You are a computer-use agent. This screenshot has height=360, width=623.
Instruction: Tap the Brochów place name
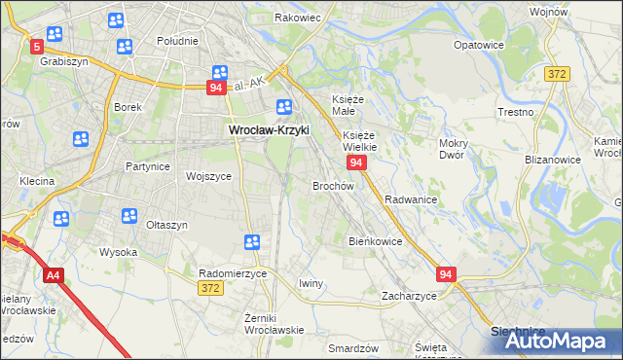coord(332,185)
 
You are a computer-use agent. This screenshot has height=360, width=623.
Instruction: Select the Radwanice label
coord(410,198)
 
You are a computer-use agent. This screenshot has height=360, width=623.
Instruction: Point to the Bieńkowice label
coord(375,240)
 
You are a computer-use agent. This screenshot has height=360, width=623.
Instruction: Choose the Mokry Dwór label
coord(455,149)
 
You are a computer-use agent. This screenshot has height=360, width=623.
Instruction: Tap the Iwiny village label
coord(311,283)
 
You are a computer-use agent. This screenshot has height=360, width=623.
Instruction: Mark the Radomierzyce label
coord(232,273)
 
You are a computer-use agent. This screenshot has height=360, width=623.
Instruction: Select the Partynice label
coord(148,166)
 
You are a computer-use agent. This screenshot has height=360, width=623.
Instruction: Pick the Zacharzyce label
coord(409,295)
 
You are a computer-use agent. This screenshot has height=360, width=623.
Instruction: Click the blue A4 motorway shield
coord(53,275)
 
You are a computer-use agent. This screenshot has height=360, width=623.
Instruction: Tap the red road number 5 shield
coord(36,46)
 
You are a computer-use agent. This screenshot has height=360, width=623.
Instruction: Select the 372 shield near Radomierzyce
coord(209,288)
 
